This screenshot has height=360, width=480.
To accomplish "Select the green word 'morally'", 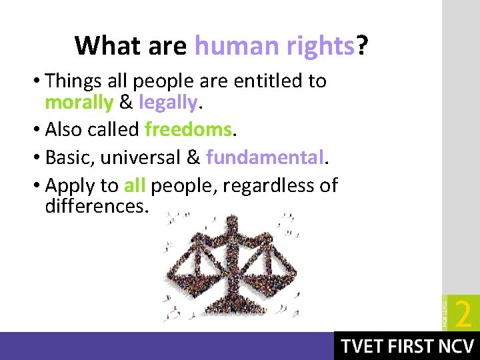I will [x=79, y=103].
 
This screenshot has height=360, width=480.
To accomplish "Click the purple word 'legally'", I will [x=168, y=103].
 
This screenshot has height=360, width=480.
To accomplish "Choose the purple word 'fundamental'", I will [x=265, y=157].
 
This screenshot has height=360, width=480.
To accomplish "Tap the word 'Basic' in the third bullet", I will [x=70, y=157].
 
